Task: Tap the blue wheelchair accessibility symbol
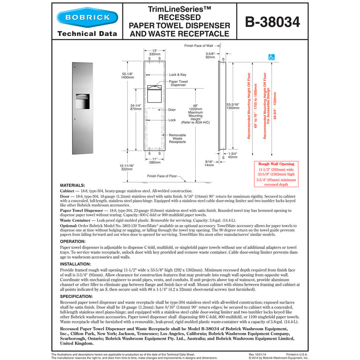point(271,57)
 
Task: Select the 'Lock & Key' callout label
point(178,74)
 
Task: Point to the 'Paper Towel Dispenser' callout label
point(178,83)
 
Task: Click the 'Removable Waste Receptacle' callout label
point(177,138)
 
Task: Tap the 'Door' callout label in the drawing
point(172,109)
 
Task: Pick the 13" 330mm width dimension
point(154,52)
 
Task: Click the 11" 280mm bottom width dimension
point(154,161)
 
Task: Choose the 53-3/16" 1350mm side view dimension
point(234,106)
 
